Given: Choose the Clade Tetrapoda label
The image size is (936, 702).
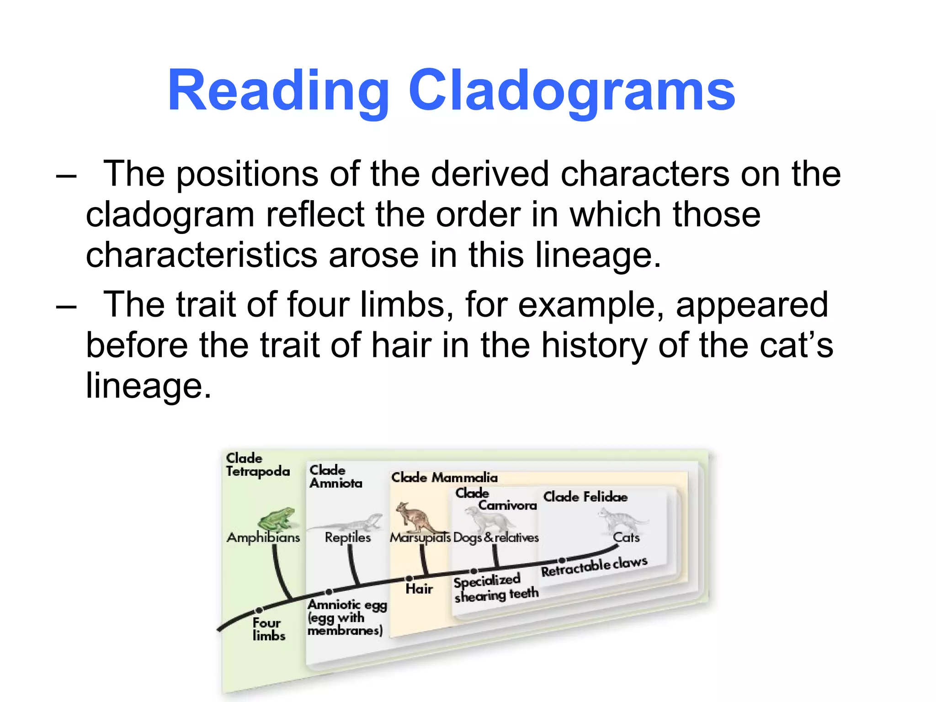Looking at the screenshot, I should pyautogui.click(x=257, y=465).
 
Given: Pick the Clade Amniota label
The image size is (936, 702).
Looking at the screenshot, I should pyautogui.click(x=335, y=477).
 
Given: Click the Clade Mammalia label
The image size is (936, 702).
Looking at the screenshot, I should pyautogui.click(x=444, y=478).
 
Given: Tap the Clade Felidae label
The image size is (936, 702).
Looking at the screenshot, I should pyautogui.click(x=585, y=497).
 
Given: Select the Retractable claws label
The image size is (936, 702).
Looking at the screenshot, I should pyautogui.click(x=594, y=567).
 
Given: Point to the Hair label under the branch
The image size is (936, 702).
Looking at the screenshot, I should pyautogui.click(x=419, y=589).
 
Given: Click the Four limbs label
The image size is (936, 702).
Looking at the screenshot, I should pyautogui.click(x=268, y=629).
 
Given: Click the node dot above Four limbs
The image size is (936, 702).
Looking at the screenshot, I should pyautogui.click(x=259, y=610).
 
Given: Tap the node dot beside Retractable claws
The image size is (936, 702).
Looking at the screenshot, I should pyautogui.click(x=562, y=560).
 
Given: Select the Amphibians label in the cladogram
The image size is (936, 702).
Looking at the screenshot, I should pyautogui.click(x=263, y=537).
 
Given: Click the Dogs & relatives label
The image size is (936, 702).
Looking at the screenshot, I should pyautogui.click(x=496, y=537).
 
